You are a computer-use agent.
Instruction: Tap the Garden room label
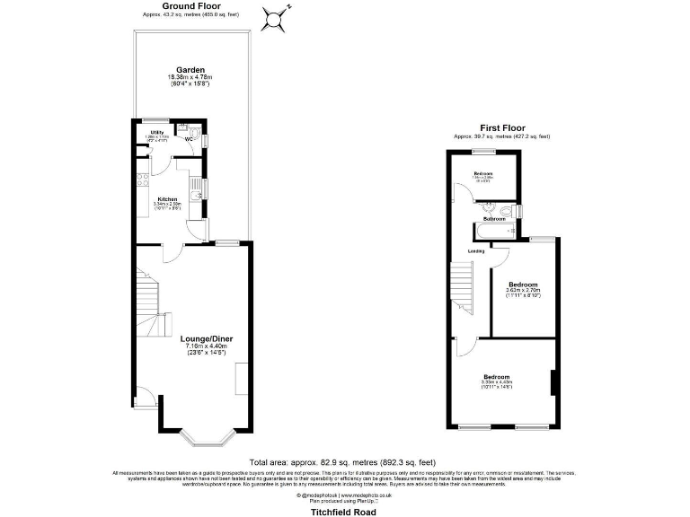pos(190,70)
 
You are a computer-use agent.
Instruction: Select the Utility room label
pos(157,133)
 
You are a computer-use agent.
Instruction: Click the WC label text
pos(190,139)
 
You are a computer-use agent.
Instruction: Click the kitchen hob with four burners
pos(142,180)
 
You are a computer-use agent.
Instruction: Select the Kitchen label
pos(168,199)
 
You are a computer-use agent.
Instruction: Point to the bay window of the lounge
pos(207,437)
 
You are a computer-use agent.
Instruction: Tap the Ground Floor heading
pos(191,5)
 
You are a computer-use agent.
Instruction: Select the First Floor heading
pos(502,128)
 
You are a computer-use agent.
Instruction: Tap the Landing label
pos(476,251)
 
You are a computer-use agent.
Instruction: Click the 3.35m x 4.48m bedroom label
pos(497,376)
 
